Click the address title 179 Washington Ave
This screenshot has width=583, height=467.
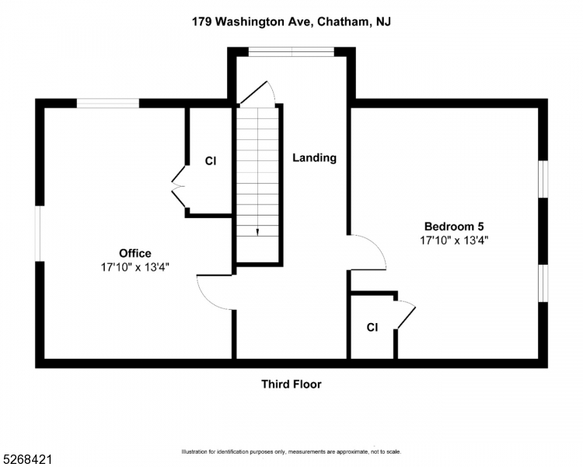click(291, 22)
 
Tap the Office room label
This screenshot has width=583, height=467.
click(134, 253)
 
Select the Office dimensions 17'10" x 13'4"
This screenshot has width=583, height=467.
click(134, 267)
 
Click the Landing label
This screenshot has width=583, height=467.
click(314, 158)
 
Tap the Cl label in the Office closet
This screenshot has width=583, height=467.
click(210, 161)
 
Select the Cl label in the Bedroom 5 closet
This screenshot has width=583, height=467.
click(372, 328)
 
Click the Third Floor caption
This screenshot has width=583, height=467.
click(291, 384)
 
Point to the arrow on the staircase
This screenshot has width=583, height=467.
click(257, 231)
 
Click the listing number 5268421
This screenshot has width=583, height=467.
click(26, 452)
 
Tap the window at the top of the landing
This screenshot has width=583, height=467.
click(291, 51)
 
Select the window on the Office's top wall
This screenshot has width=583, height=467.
click(107, 102)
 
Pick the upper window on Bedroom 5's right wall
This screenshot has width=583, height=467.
click(544, 178)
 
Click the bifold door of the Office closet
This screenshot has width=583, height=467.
click(177, 186)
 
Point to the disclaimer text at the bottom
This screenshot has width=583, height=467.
click(291, 452)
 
